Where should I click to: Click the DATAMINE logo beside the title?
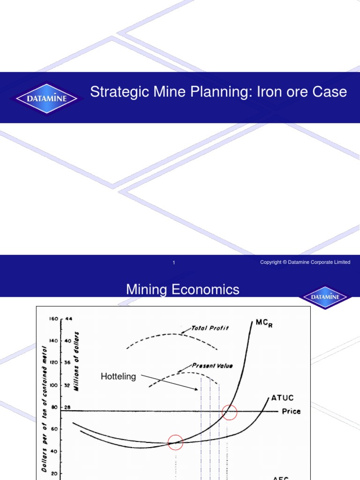(46, 98)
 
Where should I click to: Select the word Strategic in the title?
(117, 92)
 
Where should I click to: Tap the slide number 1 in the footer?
(173, 262)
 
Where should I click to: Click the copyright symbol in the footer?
(285, 262)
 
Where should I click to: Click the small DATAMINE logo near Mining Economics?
(325, 297)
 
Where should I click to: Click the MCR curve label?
(263, 323)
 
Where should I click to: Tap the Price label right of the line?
(291, 412)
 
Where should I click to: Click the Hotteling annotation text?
(118, 376)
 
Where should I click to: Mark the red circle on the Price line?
(230, 412)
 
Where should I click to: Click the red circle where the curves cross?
(175, 442)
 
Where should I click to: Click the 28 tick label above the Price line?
(67, 407)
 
